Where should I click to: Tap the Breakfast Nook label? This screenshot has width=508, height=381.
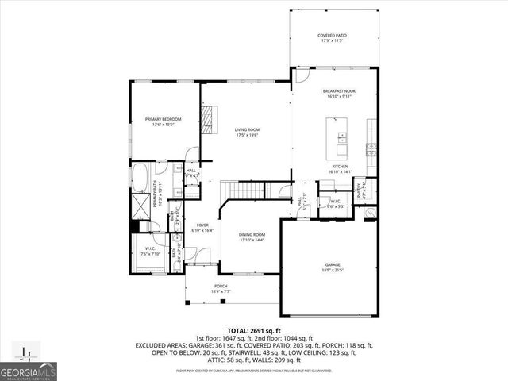pyautogui.click(x=339, y=94)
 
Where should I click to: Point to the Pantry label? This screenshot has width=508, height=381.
pyautogui.click(x=359, y=188)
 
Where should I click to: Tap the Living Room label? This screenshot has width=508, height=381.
pyautogui.click(x=247, y=132)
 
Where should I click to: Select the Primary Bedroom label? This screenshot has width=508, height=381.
pyautogui.click(x=159, y=121)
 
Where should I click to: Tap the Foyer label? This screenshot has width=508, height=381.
pyautogui.click(x=202, y=228)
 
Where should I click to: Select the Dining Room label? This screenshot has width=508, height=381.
pyautogui.click(x=253, y=237)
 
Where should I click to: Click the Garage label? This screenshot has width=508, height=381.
pyautogui.click(x=332, y=267)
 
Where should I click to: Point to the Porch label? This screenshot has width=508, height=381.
pyautogui.click(x=221, y=288)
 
